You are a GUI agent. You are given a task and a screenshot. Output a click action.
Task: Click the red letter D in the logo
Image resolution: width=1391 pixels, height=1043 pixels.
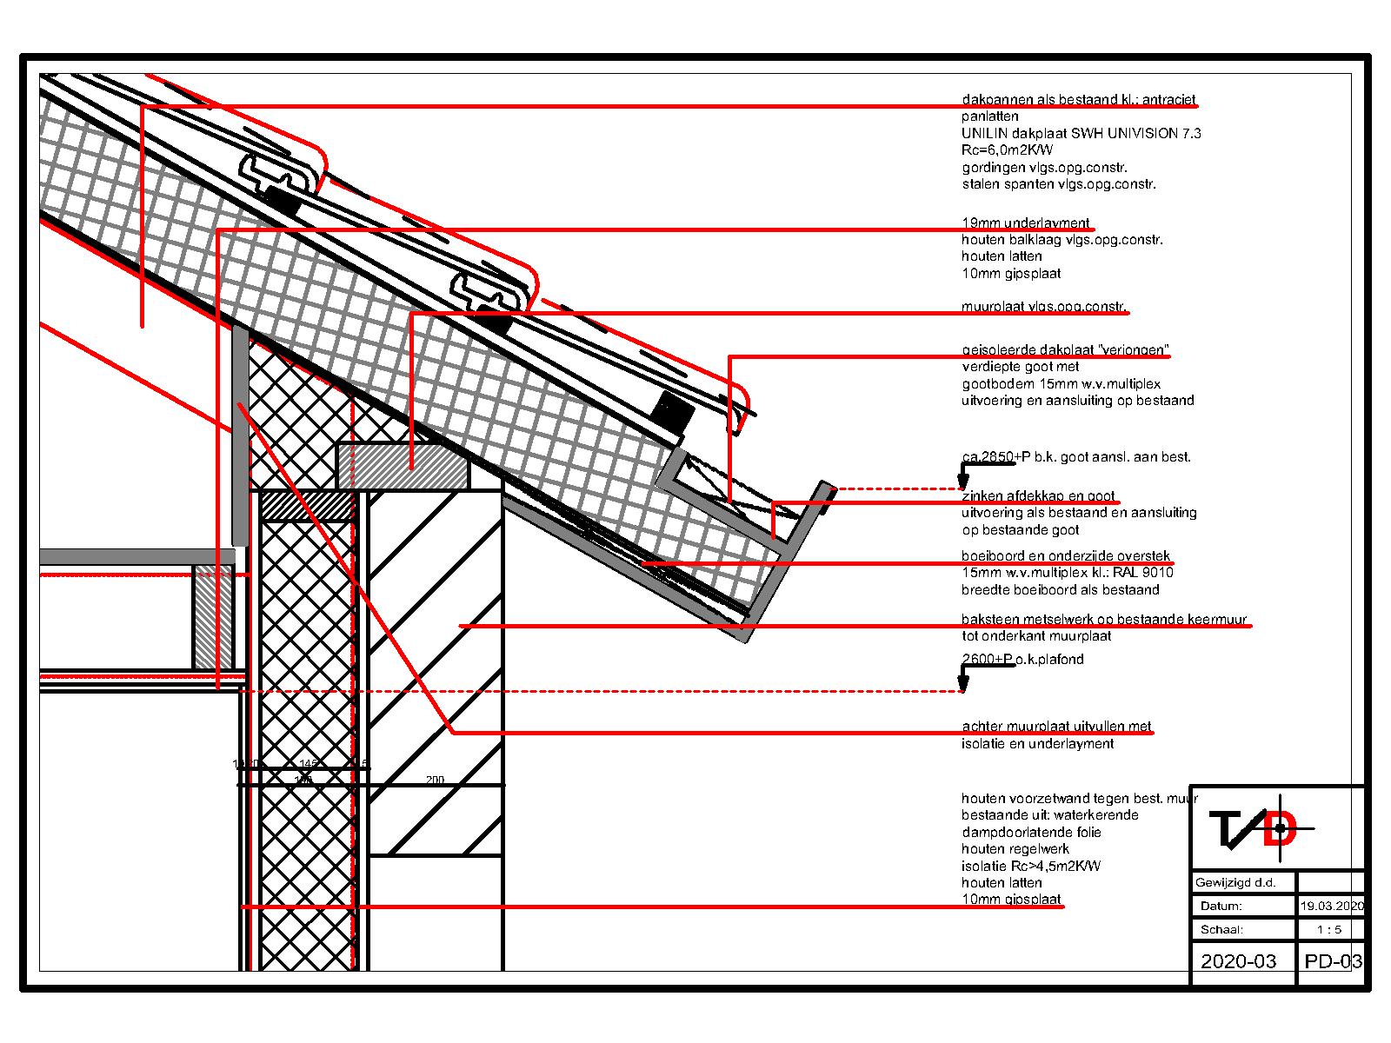click(1280, 829)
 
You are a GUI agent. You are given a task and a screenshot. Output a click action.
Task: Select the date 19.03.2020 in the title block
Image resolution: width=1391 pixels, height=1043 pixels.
click(1331, 906)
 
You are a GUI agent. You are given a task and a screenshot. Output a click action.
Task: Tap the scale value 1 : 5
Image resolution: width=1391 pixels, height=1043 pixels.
click(1329, 929)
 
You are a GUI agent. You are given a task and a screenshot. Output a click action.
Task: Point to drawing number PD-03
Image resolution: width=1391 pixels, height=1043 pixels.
click(1333, 961)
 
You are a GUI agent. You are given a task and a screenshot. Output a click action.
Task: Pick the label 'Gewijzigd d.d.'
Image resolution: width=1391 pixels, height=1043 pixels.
click(1235, 883)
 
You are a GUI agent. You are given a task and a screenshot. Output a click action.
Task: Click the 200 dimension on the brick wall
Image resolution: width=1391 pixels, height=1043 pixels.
click(435, 781)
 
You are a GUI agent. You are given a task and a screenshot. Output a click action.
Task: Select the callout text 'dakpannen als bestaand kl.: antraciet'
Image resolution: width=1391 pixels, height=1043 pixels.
click(1079, 100)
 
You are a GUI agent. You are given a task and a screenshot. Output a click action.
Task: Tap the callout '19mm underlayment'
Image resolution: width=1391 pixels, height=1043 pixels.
click(1025, 223)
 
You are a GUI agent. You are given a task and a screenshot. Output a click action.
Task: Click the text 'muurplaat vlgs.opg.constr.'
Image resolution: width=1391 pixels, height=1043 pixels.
click(1043, 308)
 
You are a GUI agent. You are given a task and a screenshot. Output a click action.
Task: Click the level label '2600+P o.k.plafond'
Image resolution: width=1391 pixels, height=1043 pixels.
click(1022, 660)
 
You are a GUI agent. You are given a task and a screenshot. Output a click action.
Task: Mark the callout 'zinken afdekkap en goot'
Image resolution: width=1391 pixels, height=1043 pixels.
click(1038, 496)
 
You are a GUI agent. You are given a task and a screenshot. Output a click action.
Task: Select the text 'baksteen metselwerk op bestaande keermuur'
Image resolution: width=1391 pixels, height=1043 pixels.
click(1104, 620)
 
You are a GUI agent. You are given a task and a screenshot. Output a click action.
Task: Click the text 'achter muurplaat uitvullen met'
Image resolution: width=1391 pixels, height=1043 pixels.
click(1056, 727)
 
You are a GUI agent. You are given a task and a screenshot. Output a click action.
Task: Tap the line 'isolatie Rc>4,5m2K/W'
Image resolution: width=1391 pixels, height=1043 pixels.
click(1031, 866)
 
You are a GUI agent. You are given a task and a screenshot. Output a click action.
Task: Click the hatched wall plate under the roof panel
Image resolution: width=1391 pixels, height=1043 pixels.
click(403, 467)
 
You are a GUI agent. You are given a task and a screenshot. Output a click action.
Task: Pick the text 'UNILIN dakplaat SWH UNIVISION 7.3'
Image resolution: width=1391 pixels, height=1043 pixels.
click(1082, 134)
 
